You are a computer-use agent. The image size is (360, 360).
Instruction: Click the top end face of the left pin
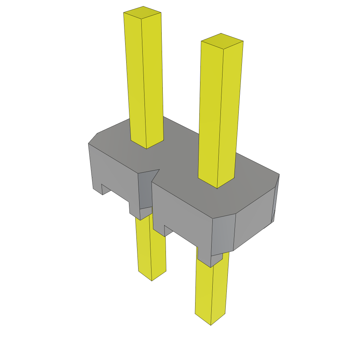click(x=142, y=12)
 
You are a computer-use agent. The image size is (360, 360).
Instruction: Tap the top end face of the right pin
click(x=222, y=41)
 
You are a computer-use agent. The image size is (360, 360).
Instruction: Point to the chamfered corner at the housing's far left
click(x=93, y=138)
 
